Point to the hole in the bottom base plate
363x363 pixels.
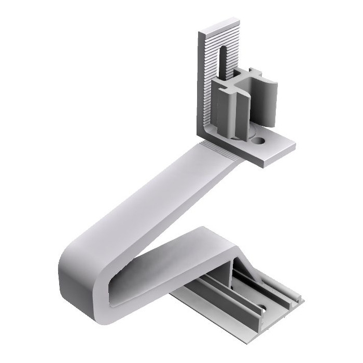pyautogui.click(x=262, y=310)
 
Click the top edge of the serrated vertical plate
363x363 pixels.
pyautogui.click(x=218, y=26)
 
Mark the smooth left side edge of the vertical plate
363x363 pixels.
pyautogui.click(x=199, y=83)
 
